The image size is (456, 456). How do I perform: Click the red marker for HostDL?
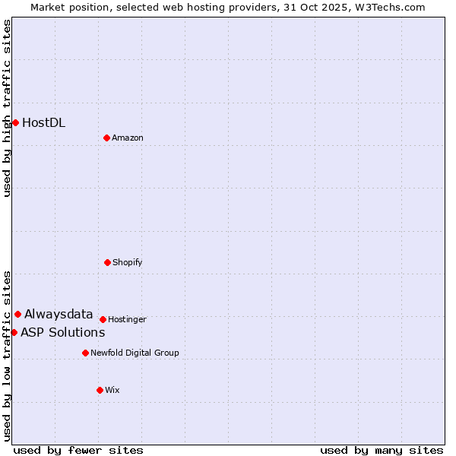[x=15, y=122]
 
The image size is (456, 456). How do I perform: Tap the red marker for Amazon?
[x=106, y=138]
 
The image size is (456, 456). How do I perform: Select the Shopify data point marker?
[x=107, y=262]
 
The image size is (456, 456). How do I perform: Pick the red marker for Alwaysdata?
[x=17, y=314]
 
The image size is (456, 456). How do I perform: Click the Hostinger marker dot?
[x=103, y=319]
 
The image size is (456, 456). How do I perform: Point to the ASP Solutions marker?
[x=14, y=332]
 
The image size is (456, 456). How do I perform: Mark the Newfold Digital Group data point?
[x=85, y=353]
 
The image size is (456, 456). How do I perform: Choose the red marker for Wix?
[x=100, y=390]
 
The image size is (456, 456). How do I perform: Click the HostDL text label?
[x=43, y=122]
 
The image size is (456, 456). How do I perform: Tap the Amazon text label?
[x=128, y=138]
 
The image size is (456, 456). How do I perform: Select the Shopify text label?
[x=127, y=262]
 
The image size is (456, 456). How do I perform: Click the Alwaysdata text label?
[x=59, y=314]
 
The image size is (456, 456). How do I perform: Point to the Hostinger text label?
[x=127, y=319]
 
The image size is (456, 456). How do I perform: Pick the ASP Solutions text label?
[x=62, y=332]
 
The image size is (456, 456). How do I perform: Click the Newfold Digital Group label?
[x=135, y=353]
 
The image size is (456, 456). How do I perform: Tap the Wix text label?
[x=112, y=390]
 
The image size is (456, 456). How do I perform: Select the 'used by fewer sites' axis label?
[x=78, y=450]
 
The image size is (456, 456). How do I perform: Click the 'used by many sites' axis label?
[x=382, y=450]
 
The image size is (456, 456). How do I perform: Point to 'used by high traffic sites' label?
[x=7, y=108]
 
